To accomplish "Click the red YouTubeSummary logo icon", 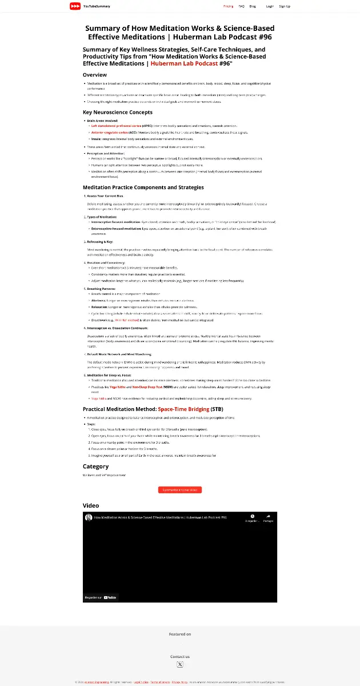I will tap(75, 6).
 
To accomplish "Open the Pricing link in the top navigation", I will tap(228, 6).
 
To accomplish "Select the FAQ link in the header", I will tap(241, 6).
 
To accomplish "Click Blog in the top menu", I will tap(253, 6).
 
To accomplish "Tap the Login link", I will tap(270, 6).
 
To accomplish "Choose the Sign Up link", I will tap(285, 6).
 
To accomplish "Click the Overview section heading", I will tap(95, 75).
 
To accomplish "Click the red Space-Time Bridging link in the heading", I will tap(183, 409).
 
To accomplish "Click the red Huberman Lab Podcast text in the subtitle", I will tap(185, 63).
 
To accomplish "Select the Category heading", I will tap(95, 466).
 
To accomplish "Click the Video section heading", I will tap(91, 505).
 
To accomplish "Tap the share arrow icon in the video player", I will tap(269, 517).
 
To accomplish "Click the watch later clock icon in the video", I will tap(252, 517).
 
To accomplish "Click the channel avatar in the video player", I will tap(89, 517).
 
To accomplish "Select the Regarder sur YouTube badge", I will tap(101, 597).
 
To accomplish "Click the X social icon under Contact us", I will tap(180, 665).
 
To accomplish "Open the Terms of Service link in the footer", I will tap(159, 682).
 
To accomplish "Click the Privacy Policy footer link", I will tap(179, 682).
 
